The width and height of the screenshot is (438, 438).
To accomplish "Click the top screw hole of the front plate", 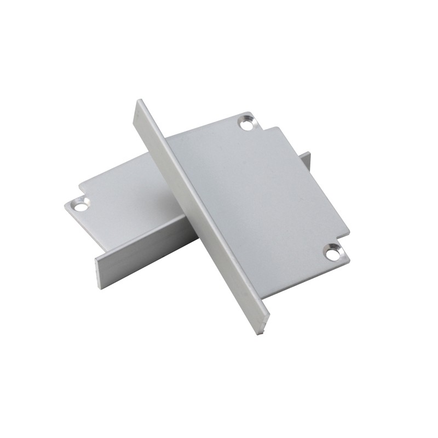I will (247, 124).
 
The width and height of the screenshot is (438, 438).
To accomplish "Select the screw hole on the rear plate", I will (80, 206).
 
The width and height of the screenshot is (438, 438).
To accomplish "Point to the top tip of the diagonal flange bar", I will (139, 102).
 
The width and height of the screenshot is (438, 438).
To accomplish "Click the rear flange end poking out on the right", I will (306, 160).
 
